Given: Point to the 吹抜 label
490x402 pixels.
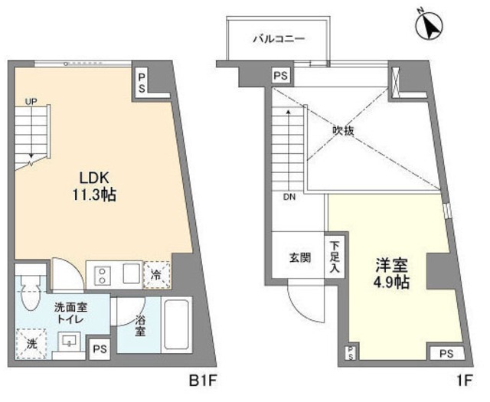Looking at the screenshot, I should click(x=343, y=131).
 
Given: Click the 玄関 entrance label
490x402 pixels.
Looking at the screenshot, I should click(x=300, y=257).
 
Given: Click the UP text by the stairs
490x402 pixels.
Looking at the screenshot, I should click(x=31, y=100).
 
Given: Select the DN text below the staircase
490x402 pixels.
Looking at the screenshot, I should click(x=289, y=197).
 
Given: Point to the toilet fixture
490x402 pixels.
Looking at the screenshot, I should click(x=30, y=295).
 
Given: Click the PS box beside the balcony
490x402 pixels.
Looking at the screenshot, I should click(x=280, y=76).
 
